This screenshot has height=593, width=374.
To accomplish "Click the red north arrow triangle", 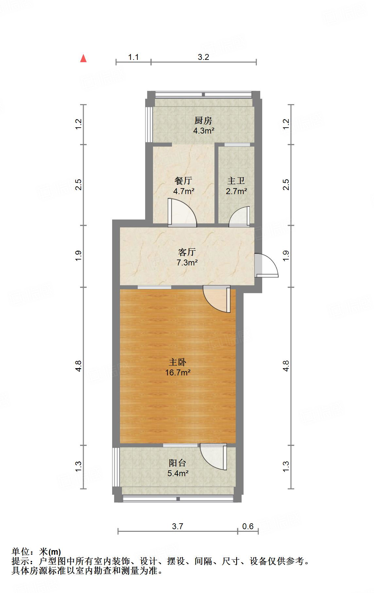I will coord(84,59).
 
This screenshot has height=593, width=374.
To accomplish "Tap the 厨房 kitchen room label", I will coord(203,121).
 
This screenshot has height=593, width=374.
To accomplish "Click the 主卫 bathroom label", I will coord(236,181).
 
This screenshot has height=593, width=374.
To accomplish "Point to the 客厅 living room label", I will coord(187,252).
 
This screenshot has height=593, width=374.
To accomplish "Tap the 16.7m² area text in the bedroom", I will coord(178,372).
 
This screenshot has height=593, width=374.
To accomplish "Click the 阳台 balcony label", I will coord(178,463).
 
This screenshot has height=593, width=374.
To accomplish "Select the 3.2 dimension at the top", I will coord(203,57).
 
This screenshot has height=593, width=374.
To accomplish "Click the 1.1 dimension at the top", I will coord(133,57).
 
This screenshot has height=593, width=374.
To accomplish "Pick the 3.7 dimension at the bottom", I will coord(178,526).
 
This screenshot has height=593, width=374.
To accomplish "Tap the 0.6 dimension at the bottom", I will coord(248,526).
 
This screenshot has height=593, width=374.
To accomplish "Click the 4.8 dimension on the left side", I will coord(78,366).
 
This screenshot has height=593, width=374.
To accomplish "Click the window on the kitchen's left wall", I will coord(149,124).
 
